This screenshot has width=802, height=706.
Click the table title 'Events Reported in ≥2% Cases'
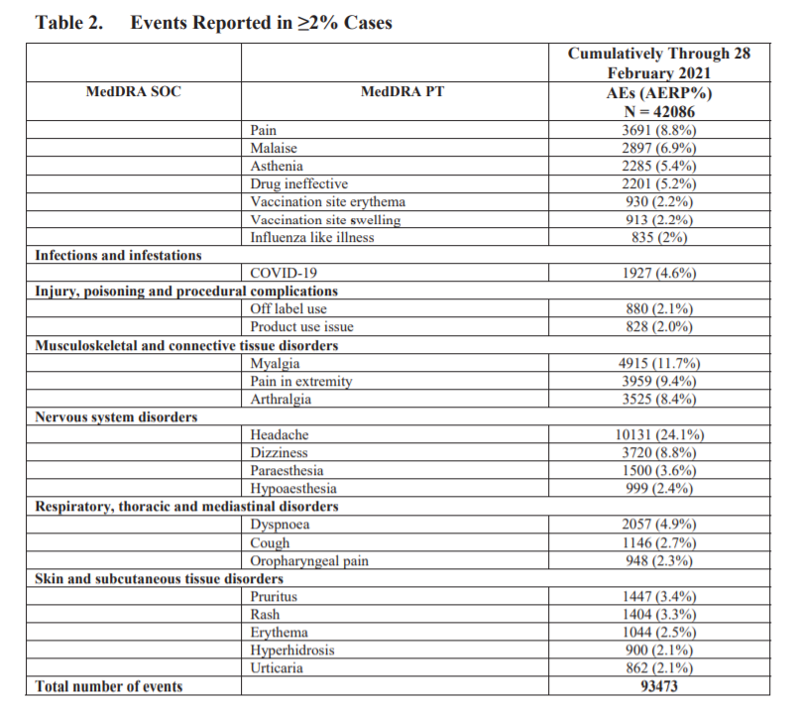(x=261, y=22)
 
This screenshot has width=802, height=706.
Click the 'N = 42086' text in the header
(x=659, y=111)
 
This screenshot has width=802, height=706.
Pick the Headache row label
(x=280, y=435)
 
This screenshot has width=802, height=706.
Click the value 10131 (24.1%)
(x=659, y=435)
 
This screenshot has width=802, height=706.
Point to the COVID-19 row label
(x=283, y=273)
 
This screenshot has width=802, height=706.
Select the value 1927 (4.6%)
(x=659, y=273)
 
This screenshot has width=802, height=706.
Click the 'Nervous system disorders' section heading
(x=116, y=416)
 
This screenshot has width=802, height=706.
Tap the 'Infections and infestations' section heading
(x=118, y=255)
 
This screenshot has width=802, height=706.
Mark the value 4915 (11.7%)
(x=659, y=363)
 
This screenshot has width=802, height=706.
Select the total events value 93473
(x=659, y=686)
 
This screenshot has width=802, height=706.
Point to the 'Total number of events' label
(x=109, y=686)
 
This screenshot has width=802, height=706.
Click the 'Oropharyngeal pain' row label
(x=309, y=561)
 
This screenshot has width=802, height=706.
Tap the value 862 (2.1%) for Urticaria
(x=659, y=668)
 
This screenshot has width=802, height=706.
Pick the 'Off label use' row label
(x=288, y=308)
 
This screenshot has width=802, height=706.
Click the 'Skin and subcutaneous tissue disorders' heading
(x=160, y=578)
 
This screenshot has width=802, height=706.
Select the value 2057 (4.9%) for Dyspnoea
(x=659, y=525)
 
